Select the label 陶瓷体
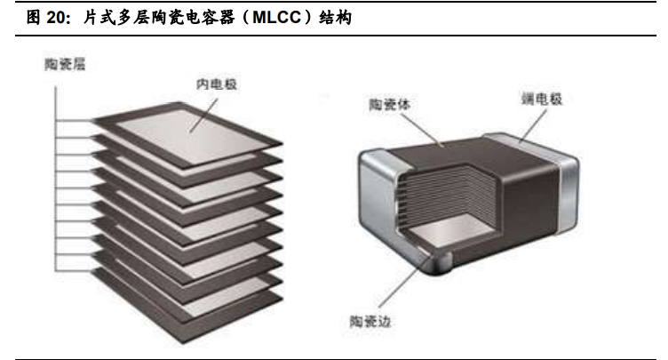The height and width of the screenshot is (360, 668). point(388,105)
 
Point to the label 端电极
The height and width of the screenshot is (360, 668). point(542,100)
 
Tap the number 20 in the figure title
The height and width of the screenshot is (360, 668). point(45,18)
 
